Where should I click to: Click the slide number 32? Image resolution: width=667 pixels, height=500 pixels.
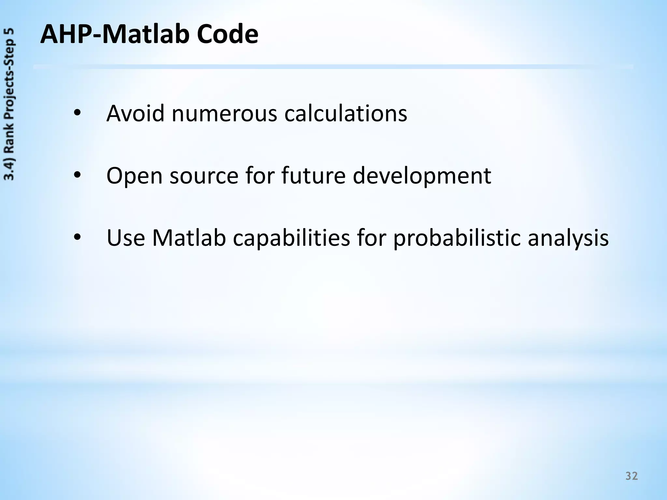632,476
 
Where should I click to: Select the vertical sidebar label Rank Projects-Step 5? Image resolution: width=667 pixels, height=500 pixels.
9,104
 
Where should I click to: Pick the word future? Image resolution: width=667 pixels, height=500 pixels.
313,175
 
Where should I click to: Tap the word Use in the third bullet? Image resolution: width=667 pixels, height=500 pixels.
126,238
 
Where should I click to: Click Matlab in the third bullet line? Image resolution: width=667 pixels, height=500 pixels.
189,238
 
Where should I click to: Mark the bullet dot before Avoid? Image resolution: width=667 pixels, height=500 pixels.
77,113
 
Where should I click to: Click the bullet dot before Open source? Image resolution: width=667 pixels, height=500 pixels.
77,175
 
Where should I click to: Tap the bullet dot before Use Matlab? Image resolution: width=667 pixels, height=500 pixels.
77,238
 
